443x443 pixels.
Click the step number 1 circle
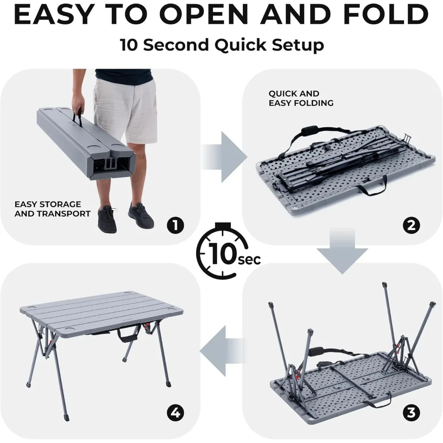pos(175,226)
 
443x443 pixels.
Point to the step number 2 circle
pos(411,226)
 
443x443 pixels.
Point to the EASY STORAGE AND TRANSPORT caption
pos(52,209)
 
